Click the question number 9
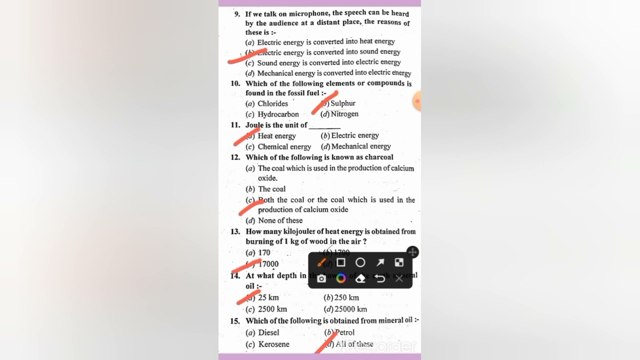tap(237, 14)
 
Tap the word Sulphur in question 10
tap(343, 103)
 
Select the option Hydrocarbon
tap(278, 114)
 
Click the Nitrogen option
tap(344, 114)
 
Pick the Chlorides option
tap(272, 103)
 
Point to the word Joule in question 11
tap(254, 125)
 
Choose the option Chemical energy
tap(284, 147)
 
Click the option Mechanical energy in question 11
tap(361, 146)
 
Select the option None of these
tap(280, 220)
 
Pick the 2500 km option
tap(272, 309)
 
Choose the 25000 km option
tap(350, 309)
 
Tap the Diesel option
tap(268, 332)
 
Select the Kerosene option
tap(273, 344)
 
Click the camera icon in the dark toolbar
tap(321, 278)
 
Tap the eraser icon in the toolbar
tap(360, 278)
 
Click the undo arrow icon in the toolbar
tap(380, 278)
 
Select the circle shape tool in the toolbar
tap(360, 262)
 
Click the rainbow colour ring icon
tap(341, 278)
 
